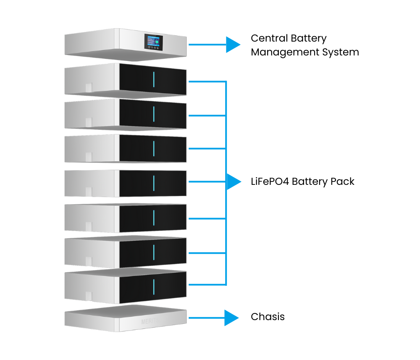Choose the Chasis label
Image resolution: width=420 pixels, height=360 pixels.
(268, 317)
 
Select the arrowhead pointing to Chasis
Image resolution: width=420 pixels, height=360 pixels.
(231, 318)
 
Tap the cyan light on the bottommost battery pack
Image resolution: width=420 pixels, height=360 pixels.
(154, 286)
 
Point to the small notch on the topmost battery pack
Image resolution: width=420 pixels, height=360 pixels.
(89, 88)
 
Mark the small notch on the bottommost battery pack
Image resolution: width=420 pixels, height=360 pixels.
(89, 296)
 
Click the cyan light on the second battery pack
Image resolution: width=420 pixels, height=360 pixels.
(154, 113)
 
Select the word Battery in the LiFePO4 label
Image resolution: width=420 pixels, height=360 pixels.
(310, 181)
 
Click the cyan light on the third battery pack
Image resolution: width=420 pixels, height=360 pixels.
(154, 148)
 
